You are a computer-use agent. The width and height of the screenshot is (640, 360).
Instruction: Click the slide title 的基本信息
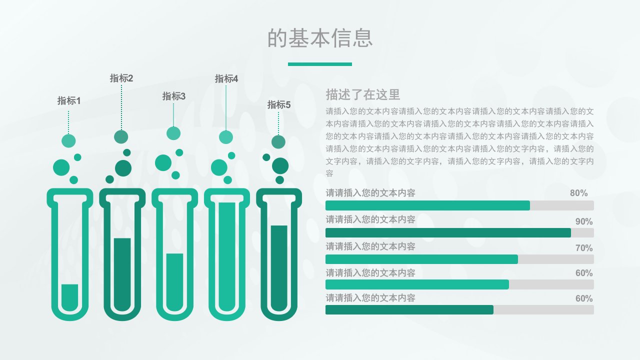coord(320,38)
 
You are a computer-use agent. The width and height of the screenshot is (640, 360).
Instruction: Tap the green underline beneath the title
coord(319,64)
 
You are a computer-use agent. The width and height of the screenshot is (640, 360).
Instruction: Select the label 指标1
coord(69,100)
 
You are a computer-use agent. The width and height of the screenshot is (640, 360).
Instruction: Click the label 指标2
coord(121,78)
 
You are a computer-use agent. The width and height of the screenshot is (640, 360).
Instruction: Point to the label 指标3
coord(173,96)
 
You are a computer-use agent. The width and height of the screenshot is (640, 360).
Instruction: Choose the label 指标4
coord(226,78)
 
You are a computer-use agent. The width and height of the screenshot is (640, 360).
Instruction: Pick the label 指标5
coord(279,104)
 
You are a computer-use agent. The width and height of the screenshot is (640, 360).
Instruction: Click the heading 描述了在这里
coord(363,94)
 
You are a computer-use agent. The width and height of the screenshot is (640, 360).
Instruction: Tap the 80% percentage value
coord(579,193)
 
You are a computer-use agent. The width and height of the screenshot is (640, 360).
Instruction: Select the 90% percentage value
coord(584,221)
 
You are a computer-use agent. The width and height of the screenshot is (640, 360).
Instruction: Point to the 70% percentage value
coord(584,247)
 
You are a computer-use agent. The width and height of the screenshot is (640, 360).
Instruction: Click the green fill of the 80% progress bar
coord(427,205)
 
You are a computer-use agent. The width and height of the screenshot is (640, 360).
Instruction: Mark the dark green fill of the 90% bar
coord(448,232)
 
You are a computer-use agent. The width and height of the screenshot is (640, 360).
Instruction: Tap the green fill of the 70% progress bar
coord(421,259)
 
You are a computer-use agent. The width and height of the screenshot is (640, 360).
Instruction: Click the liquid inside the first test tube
coord(69,297)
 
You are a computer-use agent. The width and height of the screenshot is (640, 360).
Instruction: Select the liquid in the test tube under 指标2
coord(122,274)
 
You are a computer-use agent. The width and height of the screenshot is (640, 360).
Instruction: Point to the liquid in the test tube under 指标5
coord(279,268)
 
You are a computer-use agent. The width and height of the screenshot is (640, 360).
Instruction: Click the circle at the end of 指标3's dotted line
coord(173,133)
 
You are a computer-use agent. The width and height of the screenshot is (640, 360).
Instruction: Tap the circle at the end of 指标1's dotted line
coord(68,141)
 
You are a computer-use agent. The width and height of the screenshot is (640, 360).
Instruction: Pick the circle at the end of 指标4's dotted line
coord(226,137)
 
